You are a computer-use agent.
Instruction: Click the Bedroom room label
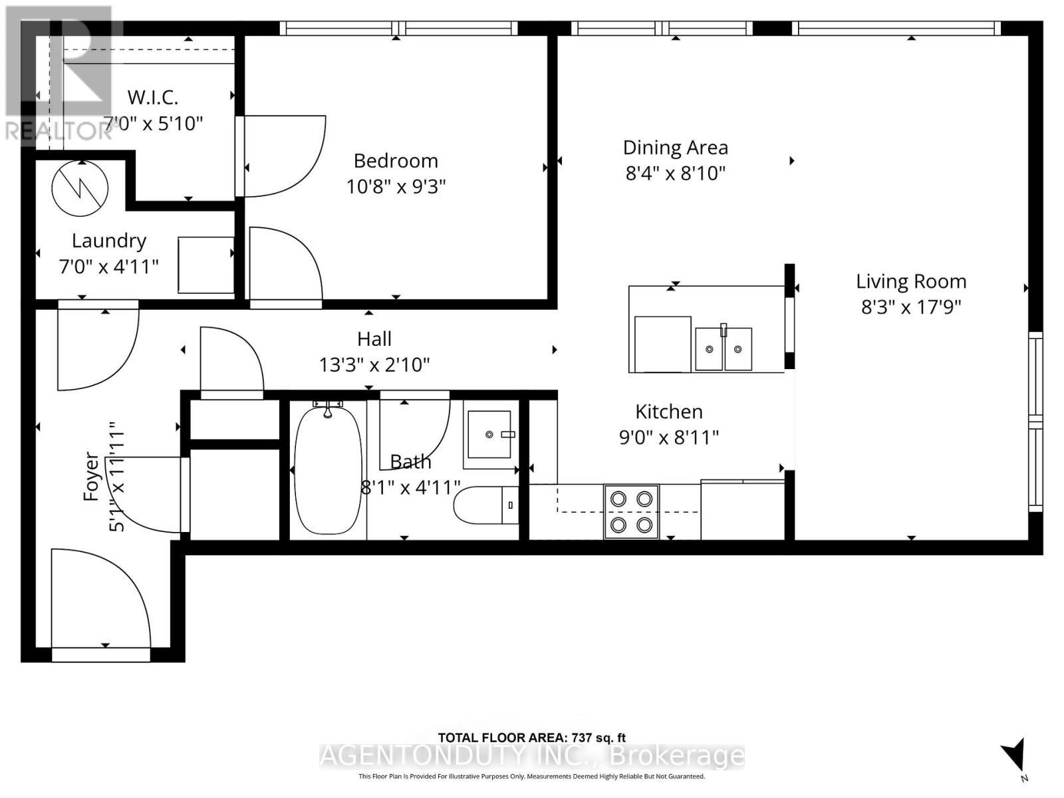(x=396, y=161)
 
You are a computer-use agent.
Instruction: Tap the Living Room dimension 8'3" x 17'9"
(x=911, y=307)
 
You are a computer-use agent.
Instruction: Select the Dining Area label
(x=675, y=148)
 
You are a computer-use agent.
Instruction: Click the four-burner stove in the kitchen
(x=631, y=511)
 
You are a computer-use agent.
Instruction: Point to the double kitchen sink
(x=723, y=348)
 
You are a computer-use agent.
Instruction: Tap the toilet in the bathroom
(x=485, y=505)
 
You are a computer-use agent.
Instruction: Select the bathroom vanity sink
(x=489, y=434)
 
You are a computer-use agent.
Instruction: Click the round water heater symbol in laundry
(x=80, y=188)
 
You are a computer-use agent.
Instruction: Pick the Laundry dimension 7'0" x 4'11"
(x=109, y=267)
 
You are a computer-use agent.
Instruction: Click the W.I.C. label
(x=153, y=98)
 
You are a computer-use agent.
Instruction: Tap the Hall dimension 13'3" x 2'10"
(x=374, y=364)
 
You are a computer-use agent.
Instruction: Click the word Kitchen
(x=669, y=412)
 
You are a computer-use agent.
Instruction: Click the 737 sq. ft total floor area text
(x=532, y=737)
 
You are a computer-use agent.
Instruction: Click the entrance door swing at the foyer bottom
(x=100, y=598)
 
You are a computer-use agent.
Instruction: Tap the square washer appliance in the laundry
(x=205, y=265)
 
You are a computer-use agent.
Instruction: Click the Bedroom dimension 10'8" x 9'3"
(x=396, y=187)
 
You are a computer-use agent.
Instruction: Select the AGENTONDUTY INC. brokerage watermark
(x=532, y=756)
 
